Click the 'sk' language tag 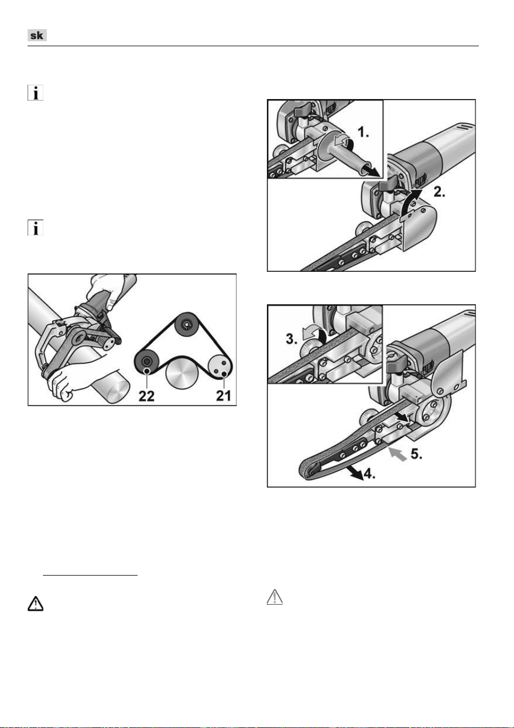(37, 35)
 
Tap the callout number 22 (146, 396)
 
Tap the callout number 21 (223, 396)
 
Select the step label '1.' (363, 132)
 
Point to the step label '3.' (291, 339)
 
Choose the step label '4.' (369, 474)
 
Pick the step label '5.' (417, 454)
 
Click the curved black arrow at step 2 (411, 201)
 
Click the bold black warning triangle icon (35, 604)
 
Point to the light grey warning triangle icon (275, 597)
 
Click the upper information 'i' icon (35, 93)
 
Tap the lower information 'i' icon (35, 227)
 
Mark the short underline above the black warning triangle (90, 575)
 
